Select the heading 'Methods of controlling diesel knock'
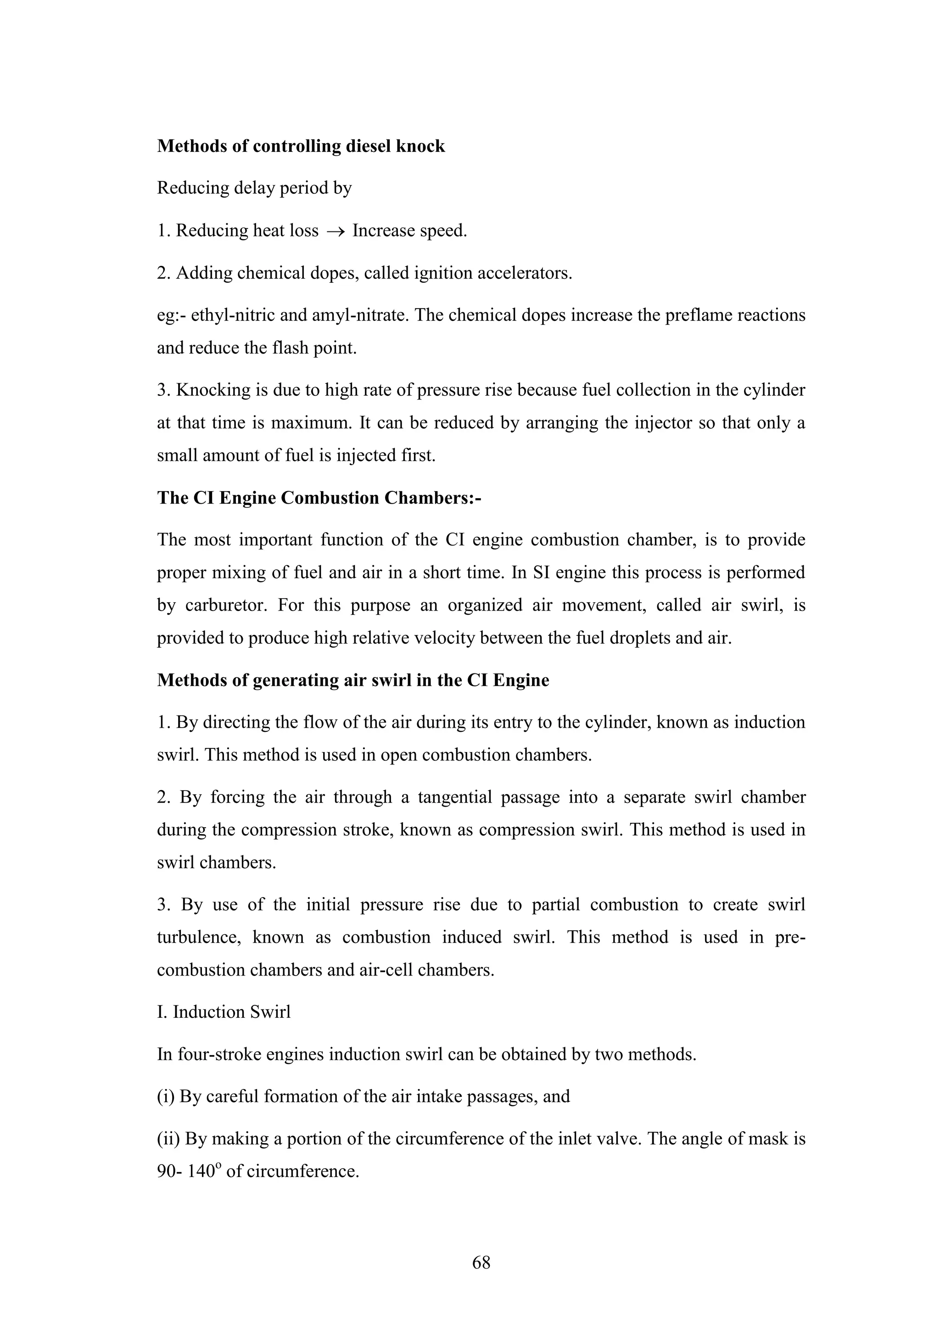coord(301,146)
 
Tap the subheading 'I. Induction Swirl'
coord(224,1012)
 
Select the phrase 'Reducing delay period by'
coord(254,188)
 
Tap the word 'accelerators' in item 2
coord(524,273)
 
